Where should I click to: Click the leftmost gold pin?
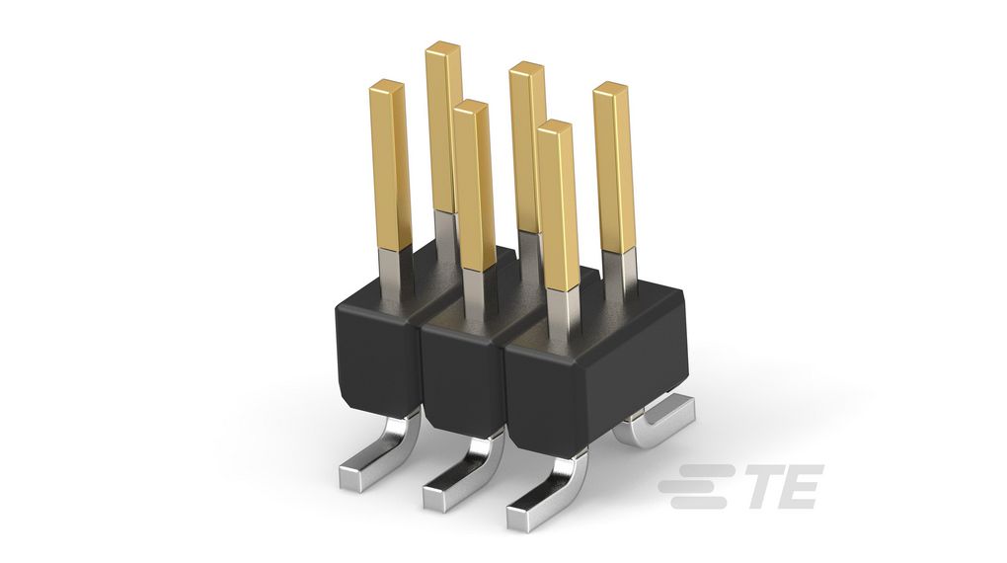[x=391, y=163]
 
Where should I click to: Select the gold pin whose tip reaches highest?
[x=443, y=123]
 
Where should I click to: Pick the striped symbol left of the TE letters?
[x=697, y=487]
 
